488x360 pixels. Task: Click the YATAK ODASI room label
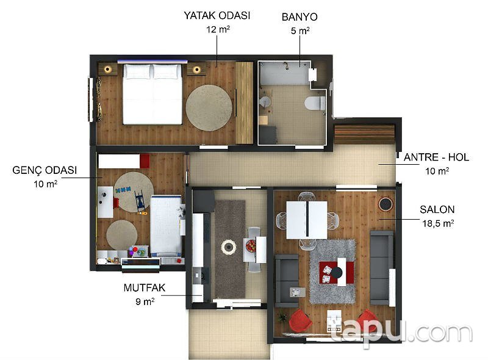(x=217, y=15)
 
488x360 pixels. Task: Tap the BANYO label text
(x=299, y=16)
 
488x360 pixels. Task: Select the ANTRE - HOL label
(x=436, y=157)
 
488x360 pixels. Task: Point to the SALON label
(x=437, y=209)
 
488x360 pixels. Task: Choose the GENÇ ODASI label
(x=45, y=170)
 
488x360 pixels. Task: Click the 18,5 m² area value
(x=436, y=223)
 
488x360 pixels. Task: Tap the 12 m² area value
(x=217, y=29)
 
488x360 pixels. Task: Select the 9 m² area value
(x=144, y=301)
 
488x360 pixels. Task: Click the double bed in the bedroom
(x=153, y=95)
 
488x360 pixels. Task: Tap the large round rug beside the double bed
(x=209, y=107)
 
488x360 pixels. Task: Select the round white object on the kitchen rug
(x=229, y=247)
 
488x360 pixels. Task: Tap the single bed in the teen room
(x=165, y=226)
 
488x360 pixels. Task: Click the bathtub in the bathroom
(x=284, y=74)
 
